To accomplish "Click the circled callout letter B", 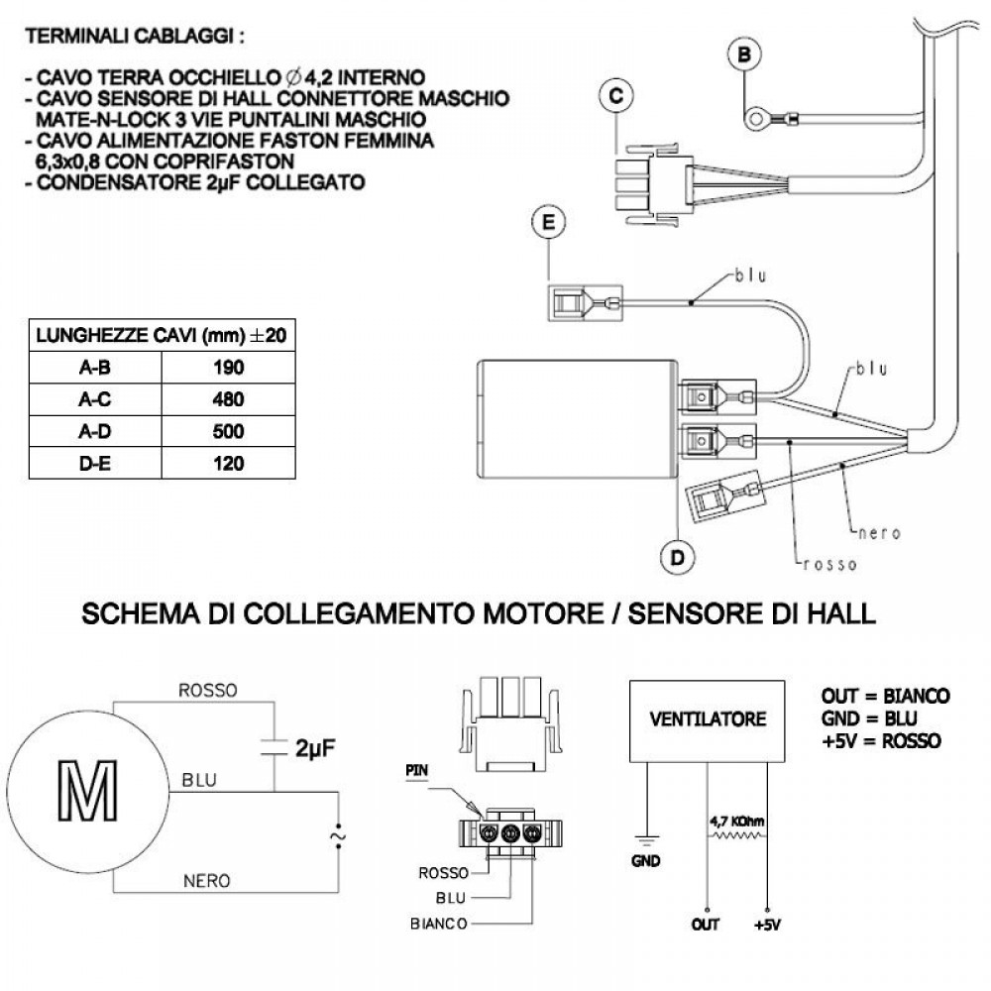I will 744,55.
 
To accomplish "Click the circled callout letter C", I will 615,95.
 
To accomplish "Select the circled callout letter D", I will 677,558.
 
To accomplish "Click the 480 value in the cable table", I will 228,399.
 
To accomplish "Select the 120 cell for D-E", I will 228,464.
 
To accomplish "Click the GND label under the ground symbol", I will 645,861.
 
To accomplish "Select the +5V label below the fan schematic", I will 766,926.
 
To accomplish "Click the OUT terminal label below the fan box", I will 706,926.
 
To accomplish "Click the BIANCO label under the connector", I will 439,923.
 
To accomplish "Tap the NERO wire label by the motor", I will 208,880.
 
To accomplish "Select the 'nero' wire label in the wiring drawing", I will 878,532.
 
